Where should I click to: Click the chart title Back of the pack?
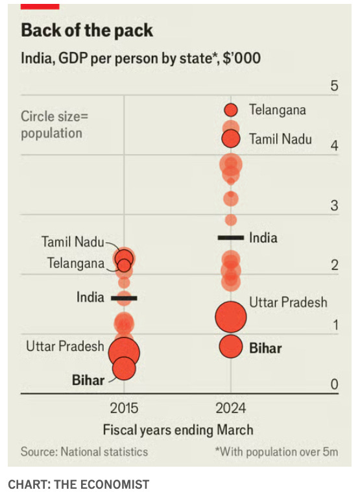(87, 31)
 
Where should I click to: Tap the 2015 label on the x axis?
(124, 408)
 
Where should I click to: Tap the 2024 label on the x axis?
(230, 408)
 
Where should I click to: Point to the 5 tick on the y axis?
(334, 86)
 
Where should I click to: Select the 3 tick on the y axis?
(334, 206)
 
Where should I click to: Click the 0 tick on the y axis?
(334, 385)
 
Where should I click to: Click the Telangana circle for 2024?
(230, 110)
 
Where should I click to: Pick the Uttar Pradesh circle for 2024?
(231, 317)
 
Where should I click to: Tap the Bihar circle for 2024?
(230, 347)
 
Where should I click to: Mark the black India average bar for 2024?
(230, 238)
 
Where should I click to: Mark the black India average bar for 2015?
(124, 298)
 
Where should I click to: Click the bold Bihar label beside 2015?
(88, 380)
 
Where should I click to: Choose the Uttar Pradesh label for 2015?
(65, 346)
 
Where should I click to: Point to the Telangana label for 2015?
(75, 264)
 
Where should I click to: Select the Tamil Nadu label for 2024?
(280, 139)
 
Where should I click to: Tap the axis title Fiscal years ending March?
(178, 430)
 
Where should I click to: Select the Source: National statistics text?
(84, 452)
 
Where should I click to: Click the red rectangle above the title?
(40, 6)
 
